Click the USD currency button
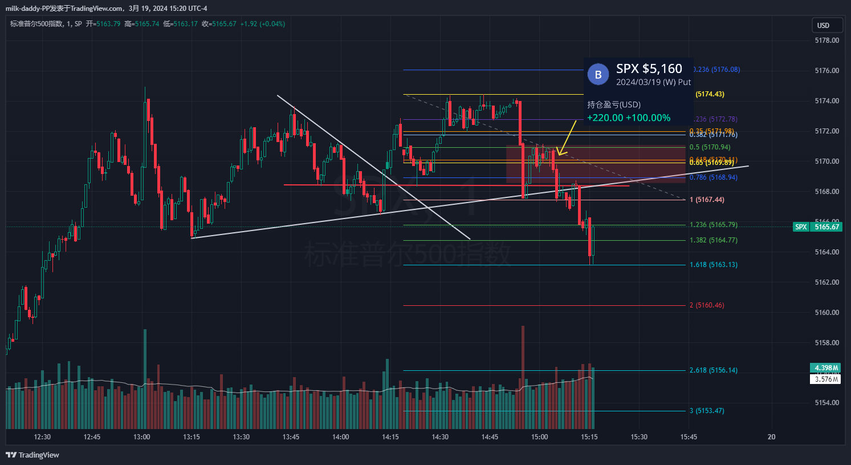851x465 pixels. tap(823, 25)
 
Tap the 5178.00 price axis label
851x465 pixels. tap(826, 41)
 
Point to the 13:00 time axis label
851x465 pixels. tap(141, 437)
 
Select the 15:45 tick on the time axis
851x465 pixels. tap(689, 437)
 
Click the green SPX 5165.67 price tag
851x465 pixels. tap(817, 227)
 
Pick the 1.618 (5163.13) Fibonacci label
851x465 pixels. tap(713, 265)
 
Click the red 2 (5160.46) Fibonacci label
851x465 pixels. tap(707, 305)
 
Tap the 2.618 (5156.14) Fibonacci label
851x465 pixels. tap(713, 370)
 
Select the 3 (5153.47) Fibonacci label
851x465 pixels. tap(707, 411)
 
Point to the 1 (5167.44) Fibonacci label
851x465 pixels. tap(707, 200)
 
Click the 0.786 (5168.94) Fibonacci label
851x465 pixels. tap(713, 177)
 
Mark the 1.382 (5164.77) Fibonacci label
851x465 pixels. tap(713, 240)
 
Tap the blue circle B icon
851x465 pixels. tap(598, 75)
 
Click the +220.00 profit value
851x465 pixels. tap(605, 118)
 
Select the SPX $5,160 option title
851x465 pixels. tap(649, 69)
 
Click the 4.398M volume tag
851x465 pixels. tap(825, 368)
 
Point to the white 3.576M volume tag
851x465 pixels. tap(825, 379)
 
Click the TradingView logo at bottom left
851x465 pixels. tap(32, 455)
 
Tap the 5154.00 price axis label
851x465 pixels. tap(826, 403)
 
